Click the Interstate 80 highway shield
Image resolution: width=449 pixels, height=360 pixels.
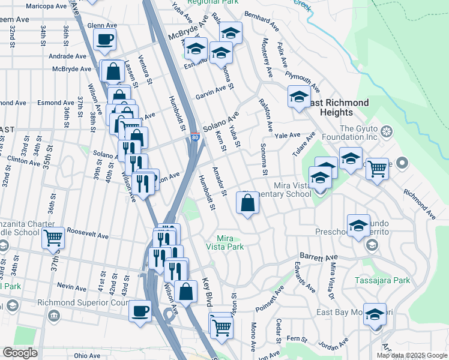pos(195,137)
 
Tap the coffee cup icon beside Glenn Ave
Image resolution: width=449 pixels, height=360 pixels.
pos(104,40)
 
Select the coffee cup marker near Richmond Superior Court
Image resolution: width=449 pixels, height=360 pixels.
pos(140,311)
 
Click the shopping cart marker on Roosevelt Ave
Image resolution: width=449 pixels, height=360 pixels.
pos(53,238)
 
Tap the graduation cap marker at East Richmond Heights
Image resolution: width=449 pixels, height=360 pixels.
pos(299,97)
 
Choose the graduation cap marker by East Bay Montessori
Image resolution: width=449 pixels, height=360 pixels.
pos(375,314)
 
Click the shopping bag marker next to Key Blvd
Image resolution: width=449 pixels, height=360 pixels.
pos(186,292)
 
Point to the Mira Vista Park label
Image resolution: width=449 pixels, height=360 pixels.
pos(229,242)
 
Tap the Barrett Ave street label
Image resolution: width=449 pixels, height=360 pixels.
pos(320,256)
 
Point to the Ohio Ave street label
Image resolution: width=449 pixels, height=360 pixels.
pos(87,355)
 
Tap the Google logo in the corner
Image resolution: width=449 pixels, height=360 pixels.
pos(20,353)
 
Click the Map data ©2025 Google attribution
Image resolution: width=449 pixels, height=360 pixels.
pos(412,355)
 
